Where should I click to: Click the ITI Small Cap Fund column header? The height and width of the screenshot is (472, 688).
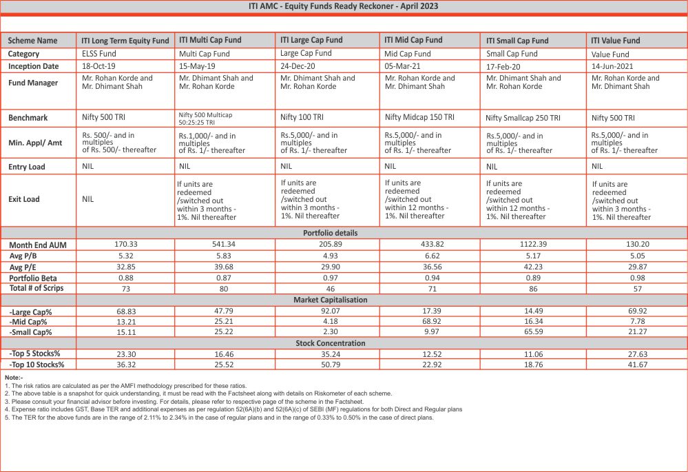coord(517,41)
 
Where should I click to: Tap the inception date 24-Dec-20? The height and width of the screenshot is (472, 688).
coord(302,66)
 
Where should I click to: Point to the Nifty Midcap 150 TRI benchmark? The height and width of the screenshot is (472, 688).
coord(419,118)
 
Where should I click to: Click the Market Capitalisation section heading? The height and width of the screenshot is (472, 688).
coord(331,300)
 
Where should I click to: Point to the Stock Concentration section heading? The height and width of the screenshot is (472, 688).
coord(331,343)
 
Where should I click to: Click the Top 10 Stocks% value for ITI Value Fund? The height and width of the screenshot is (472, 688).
coord(637,365)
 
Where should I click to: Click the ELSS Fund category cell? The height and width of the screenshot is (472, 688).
coord(98,53)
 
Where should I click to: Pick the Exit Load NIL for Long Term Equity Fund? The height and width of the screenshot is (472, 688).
coord(88,199)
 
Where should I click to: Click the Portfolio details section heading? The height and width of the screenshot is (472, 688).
coord(331,233)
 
